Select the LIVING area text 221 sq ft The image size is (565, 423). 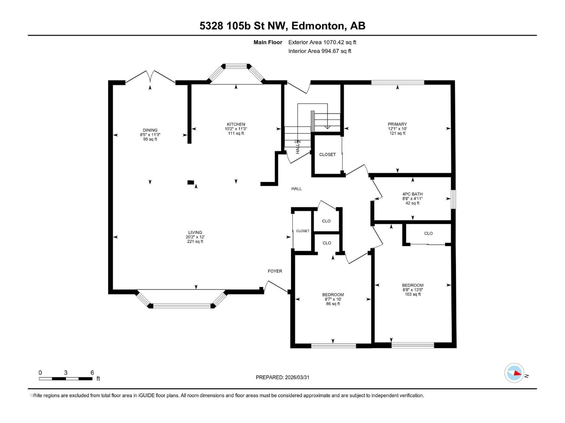coord(195,241)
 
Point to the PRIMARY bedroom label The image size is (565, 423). coord(397,124)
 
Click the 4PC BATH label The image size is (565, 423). coord(413,194)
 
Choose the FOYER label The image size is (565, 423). coord(275,271)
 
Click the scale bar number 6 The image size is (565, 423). coord(92,372)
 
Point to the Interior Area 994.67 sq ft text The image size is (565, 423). coord(320,51)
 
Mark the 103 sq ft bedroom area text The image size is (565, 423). coord(413,294)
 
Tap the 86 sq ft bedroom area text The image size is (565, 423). coord(333,304)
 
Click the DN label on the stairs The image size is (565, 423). coord(298,141)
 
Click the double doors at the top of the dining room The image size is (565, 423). coord(150,77)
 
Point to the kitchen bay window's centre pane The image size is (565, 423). coord(236,66)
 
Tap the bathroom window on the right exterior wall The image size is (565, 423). coord(453,199)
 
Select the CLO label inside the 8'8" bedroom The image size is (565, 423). coord(428,233)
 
